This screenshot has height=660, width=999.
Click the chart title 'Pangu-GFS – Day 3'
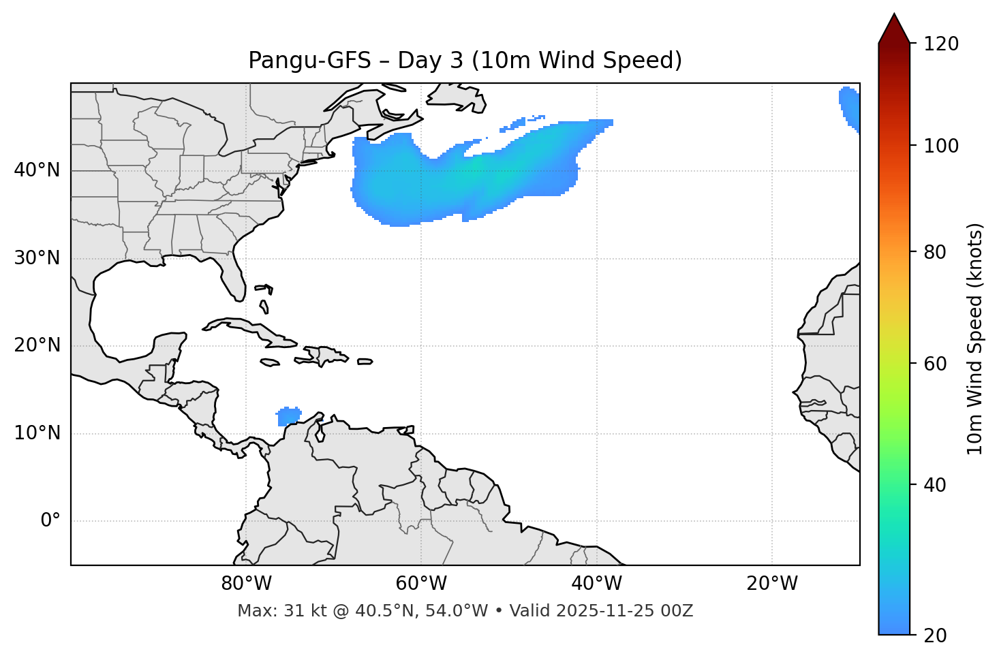coord(465,61)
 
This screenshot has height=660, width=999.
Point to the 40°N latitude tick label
coord(37,170)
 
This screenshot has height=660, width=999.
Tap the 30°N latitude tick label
coord(37,258)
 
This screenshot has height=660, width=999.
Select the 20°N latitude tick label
coord(37,345)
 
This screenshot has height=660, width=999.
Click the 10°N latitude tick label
coord(37,433)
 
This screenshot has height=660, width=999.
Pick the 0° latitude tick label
coord(50,521)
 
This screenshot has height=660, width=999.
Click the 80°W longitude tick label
coord(246,584)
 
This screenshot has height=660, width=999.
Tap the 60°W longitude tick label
coord(421,584)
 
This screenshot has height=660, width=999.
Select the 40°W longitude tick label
coord(596,584)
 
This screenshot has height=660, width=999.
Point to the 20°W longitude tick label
coord(772,584)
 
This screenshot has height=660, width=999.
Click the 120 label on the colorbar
coord(941,44)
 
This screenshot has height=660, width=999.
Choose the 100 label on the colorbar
coord(941,146)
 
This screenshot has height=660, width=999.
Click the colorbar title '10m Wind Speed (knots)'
coord(975,339)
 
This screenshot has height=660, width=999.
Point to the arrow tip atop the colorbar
coord(894,14)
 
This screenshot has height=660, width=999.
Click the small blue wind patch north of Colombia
coord(289,415)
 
